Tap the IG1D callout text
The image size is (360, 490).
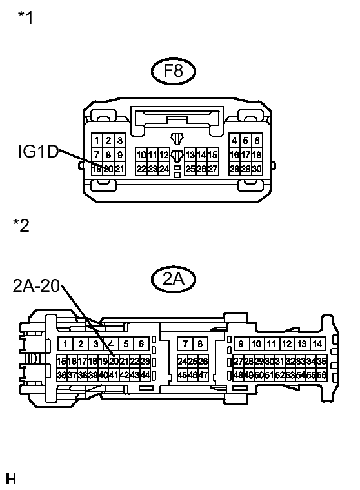point(38,152)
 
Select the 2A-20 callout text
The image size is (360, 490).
point(36,286)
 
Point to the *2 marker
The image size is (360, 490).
point(21,225)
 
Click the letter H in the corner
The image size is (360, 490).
point(10,479)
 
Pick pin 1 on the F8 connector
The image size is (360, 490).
point(96,141)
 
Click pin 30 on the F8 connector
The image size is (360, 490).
point(257,168)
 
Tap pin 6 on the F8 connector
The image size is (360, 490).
point(257,141)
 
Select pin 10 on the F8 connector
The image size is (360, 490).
point(141,155)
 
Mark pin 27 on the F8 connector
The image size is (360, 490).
point(213,168)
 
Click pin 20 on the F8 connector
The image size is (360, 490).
point(108,168)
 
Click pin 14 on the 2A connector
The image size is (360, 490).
point(317,344)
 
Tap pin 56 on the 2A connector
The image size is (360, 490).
point(321,374)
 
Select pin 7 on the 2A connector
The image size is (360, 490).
point(185,344)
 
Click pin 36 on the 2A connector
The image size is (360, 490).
point(61,374)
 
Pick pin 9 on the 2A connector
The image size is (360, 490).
point(241,344)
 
